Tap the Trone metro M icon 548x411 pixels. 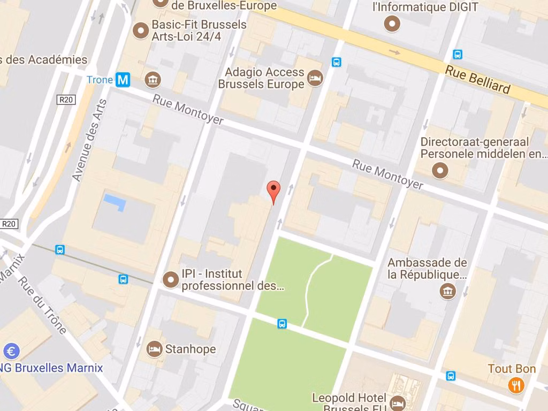tap(123, 80)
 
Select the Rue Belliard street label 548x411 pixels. tap(477, 80)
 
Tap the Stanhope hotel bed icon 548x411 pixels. tap(154, 349)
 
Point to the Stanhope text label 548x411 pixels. tap(190, 349)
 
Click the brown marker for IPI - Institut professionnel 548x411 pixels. tap(171, 279)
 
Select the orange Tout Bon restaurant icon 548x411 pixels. tap(516, 385)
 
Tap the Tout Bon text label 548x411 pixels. tap(512, 369)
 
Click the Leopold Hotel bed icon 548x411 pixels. tap(397, 402)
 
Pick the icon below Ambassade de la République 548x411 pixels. tap(447, 292)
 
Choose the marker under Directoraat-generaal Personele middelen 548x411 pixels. tap(440, 170)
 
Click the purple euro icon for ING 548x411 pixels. tap(11, 351)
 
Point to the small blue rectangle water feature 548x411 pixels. tap(116, 202)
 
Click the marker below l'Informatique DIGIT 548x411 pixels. tap(394, 24)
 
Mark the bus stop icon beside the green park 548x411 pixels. tap(282, 324)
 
